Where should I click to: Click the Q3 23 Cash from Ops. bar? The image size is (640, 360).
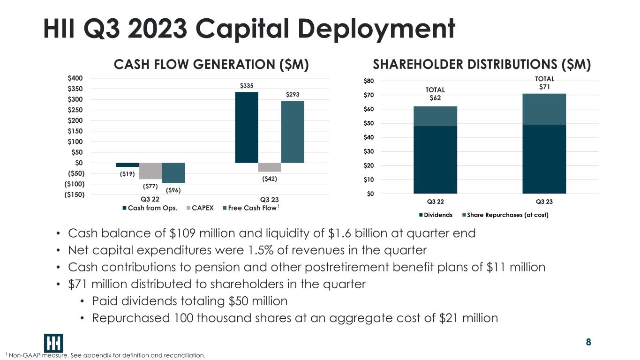[x=246, y=127]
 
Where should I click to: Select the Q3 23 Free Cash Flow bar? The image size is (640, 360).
[x=293, y=132]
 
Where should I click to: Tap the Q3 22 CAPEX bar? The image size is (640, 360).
[x=150, y=171]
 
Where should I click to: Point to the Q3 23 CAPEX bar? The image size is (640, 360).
[x=270, y=167]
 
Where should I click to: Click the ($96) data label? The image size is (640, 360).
[x=173, y=190]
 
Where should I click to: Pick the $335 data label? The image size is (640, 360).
[x=246, y=86]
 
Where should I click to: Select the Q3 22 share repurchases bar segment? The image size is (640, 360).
[x=435, y=116]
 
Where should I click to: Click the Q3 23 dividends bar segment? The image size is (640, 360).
[x=544, y=159]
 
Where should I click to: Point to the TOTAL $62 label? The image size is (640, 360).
[x=435, y=94]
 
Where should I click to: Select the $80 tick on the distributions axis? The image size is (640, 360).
[x=369, y=81]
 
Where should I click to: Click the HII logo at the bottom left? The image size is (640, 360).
[x=53, y=343]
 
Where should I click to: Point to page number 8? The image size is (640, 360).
[x=588, y=342]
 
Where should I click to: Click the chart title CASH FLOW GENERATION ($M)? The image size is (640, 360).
[x=211, y=65]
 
